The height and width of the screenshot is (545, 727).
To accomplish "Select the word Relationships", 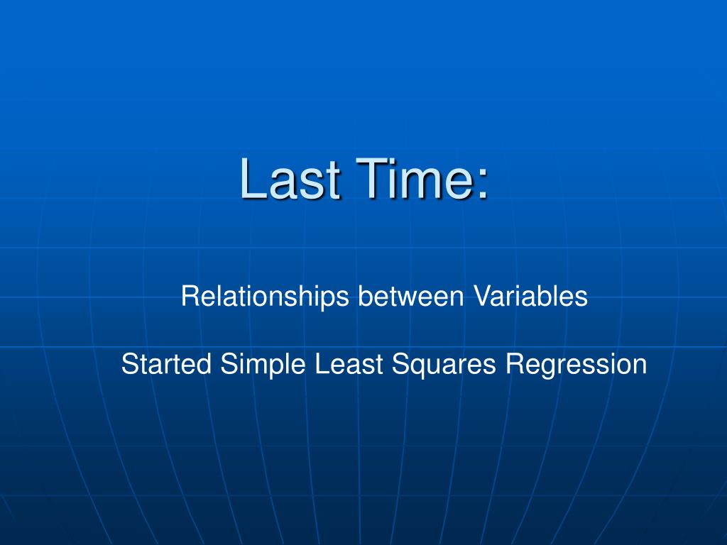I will [x=265, y=297].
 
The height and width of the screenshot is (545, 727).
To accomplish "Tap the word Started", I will [x=166, y=365].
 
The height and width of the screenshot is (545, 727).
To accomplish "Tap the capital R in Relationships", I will [x=189, y=296].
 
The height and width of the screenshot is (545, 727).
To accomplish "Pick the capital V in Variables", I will [x=479, y=296].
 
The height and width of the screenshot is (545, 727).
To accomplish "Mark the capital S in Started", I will [x=129, y=365].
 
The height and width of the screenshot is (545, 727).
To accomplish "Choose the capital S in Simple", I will [x=226, y=365].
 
